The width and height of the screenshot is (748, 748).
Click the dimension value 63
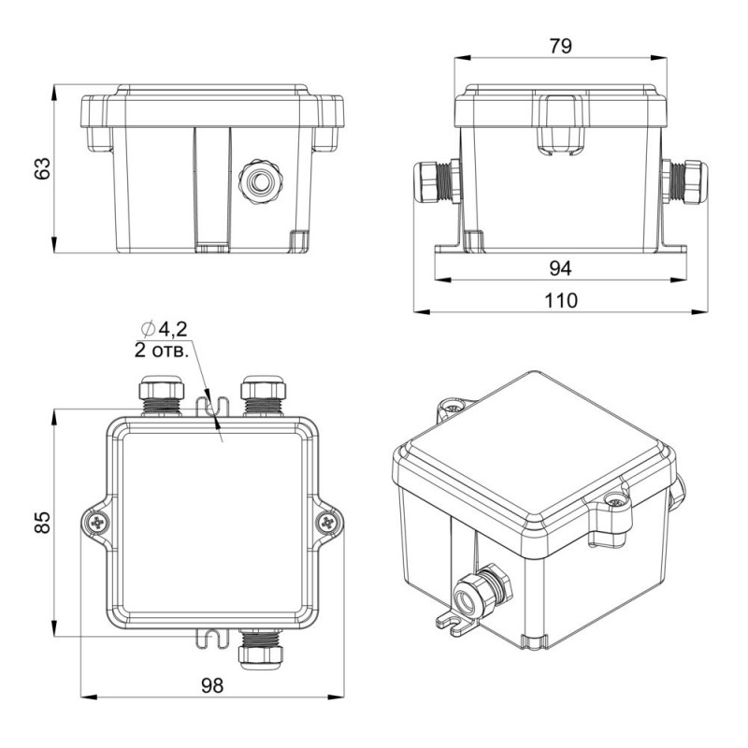(x=43, y=168)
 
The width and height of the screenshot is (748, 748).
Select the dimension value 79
(x=560, y=46)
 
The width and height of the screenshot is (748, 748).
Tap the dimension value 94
(x=560, y=268)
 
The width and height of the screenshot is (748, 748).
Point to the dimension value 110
(x=561, y=300)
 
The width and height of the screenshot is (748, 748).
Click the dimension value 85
(x=43, y=522)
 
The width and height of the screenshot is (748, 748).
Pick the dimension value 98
(x=212, y=685)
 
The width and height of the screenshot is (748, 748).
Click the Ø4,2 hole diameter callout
(x=165, y=329)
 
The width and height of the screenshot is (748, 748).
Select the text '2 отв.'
(x=162, y=352)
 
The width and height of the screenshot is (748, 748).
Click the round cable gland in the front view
(x=261, y=181)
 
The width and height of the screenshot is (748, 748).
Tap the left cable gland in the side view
(x=438, y=181)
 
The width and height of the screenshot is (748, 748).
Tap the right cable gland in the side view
(x=684, y=181)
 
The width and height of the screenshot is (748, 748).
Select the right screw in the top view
(x=327, y=523)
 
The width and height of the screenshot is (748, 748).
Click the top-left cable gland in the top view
(x=162, y=396)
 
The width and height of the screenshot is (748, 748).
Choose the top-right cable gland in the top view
(x=264, y=396)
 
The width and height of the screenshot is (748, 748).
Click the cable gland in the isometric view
(x=482, y=591)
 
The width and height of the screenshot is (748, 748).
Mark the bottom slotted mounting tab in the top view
(x=213, y=639)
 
